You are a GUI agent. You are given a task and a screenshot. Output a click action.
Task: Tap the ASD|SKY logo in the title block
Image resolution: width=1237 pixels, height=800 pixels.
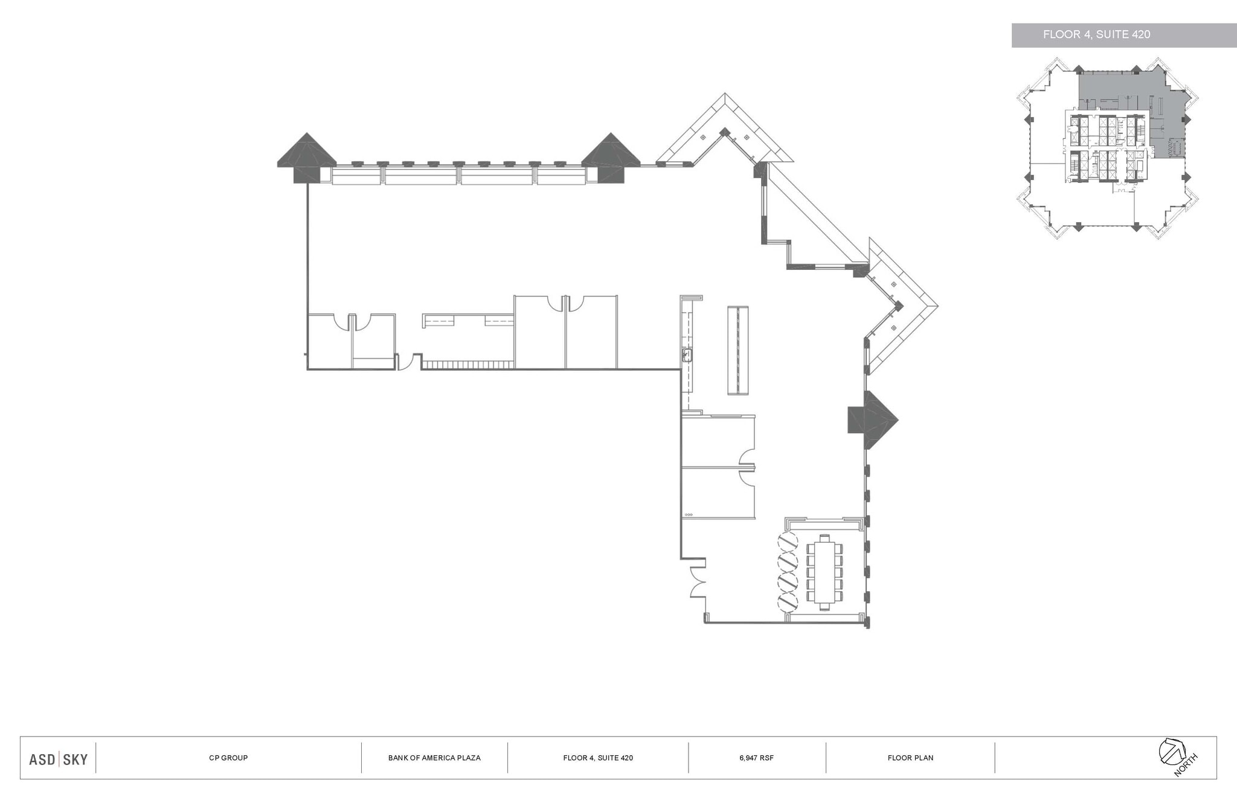(59, 759)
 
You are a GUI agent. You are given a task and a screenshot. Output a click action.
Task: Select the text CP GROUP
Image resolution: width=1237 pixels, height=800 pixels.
(228, 758)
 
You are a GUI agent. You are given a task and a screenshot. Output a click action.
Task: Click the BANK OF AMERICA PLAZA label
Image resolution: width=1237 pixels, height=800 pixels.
(434, 758)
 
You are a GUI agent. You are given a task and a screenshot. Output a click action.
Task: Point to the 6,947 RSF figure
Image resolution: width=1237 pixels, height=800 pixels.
(756, 758)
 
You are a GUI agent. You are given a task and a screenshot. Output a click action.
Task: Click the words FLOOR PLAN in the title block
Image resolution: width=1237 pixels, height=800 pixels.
(910, 758)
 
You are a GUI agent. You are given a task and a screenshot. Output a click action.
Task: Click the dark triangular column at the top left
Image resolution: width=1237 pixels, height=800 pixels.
(307, 156)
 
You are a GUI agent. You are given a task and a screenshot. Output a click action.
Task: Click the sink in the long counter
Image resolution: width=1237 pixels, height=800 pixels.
(687, 354)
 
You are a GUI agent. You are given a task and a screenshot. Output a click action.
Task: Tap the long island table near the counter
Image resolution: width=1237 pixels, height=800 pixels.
(737, 351)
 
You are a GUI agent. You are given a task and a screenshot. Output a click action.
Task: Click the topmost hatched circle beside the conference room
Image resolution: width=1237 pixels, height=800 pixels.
(787, 539)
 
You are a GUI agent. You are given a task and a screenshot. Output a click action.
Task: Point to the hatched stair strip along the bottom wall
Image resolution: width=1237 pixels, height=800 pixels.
(467, 365)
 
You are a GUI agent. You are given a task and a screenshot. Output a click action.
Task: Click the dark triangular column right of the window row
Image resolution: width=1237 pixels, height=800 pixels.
(610, 156)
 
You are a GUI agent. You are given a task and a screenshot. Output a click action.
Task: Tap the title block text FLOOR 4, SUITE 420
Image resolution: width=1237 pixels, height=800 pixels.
(598, 758)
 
